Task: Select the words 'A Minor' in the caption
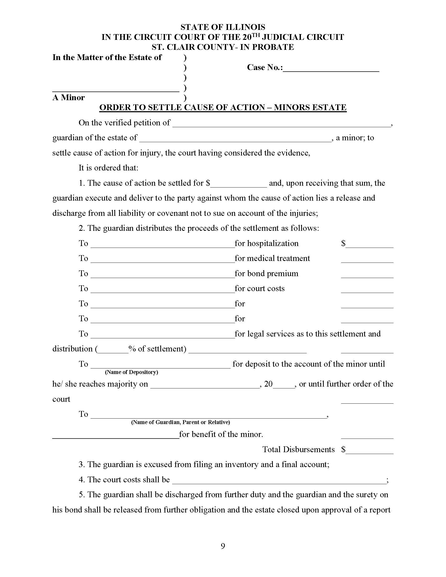click(x=68, y=98)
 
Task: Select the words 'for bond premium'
click(x=266, y=274)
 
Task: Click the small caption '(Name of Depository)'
click(x=131, y=372)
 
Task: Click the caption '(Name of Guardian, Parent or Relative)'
click(x=180, y=422)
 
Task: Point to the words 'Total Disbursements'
click(x=298, y=450)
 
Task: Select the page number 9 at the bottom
click(x=223, y=546)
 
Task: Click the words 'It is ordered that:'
click(x=108, y=168)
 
